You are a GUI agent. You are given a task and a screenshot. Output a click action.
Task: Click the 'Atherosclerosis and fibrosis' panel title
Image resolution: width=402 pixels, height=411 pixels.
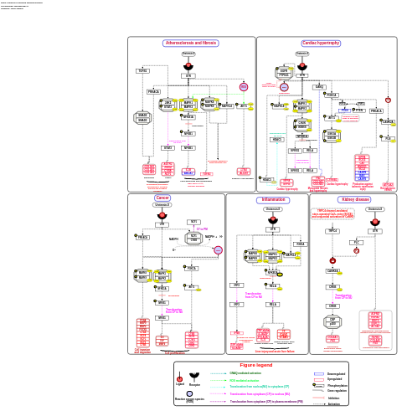coord(190,43)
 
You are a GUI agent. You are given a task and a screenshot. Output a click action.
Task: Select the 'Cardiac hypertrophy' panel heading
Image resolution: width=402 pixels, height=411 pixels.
coord(321,43)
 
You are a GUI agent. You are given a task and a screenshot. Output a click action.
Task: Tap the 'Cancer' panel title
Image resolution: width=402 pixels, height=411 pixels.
coord(162,198)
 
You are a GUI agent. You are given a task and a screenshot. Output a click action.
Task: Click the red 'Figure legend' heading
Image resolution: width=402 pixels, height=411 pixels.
coord(255,366)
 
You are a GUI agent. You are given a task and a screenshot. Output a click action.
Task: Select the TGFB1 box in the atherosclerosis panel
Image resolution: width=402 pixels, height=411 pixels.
coord(142,71)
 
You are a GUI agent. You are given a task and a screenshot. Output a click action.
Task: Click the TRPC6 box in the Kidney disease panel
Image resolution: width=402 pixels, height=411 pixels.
coord(332,230)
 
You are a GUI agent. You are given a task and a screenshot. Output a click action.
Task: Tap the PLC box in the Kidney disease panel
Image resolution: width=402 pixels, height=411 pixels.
coord(355,242)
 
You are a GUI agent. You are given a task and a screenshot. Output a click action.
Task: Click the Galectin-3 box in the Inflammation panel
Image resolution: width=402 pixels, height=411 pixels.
coord(273,209)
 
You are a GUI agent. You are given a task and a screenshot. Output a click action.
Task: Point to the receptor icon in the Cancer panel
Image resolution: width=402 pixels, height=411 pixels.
coord(162,216)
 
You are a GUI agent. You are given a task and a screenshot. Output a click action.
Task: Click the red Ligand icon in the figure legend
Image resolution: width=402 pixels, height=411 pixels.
coord(179,378)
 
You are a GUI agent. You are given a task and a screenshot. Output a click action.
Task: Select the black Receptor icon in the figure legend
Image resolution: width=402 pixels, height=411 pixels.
coord(195,378)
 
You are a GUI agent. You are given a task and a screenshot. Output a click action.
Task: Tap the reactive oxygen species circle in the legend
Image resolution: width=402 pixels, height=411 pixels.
coord(189,393)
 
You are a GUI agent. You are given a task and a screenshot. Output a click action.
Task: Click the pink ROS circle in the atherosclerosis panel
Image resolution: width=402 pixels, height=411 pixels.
coord(244,87)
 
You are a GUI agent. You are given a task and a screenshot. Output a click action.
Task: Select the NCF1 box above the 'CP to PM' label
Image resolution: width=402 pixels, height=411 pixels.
coord(193,222)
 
